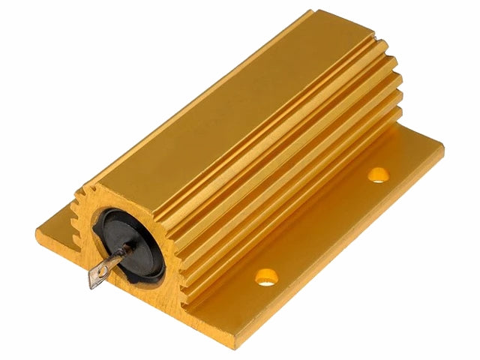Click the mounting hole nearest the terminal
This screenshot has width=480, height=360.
[266, 277]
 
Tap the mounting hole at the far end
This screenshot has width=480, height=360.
[378, 175]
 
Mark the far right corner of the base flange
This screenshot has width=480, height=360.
[442, 146]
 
